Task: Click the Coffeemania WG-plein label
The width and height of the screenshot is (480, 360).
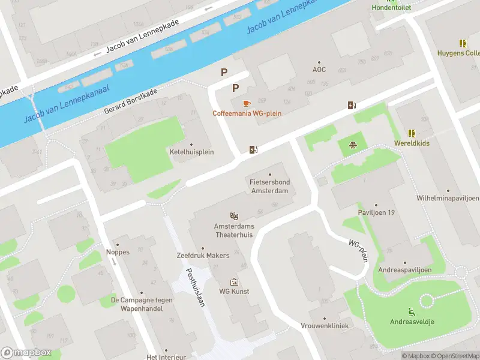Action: pos(247,113)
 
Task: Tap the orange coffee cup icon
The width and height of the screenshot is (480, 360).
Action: pos(247,103)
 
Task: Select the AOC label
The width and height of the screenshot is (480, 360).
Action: pos(319,70)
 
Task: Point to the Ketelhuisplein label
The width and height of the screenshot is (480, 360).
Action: pos(192,152)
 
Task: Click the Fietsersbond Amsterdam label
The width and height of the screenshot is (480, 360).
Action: pos(269,186)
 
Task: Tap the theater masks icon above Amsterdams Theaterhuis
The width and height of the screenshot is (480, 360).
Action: pos(234,215)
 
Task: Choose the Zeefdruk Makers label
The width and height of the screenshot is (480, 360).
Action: pos(203,256)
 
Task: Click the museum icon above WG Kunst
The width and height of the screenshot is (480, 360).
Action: pos(234,281)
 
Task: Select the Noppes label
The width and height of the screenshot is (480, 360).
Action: pos(118,252)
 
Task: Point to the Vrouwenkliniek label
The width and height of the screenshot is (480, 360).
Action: pos(325,325)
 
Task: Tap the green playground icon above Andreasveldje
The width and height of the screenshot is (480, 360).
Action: pos(412,311)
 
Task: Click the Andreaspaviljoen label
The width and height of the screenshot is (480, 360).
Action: pos(404,270)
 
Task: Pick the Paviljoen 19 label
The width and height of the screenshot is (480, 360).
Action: pos(376,212)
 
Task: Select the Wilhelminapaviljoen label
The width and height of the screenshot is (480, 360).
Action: pos(448,198)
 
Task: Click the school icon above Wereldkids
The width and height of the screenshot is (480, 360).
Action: pos(412,133)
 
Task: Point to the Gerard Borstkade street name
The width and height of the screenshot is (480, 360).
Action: pos(131,102)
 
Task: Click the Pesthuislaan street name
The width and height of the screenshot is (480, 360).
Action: pos(196,287)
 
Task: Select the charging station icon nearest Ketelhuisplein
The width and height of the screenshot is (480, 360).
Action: pos(253,150)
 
